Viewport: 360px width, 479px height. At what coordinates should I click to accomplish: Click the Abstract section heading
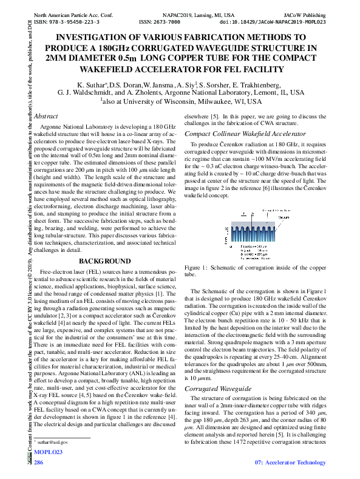[46, 115]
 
